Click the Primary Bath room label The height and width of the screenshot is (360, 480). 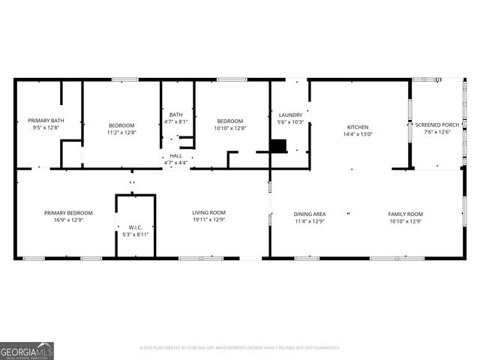46,121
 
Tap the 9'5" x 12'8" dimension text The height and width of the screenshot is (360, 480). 46,128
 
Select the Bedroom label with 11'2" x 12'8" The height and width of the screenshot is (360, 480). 121,124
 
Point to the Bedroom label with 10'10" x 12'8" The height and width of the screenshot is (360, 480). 230,121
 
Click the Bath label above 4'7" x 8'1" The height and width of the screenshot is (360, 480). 176,115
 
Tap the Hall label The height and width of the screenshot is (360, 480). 175,155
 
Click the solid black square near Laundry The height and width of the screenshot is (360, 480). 278,145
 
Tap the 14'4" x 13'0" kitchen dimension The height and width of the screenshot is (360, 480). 358,134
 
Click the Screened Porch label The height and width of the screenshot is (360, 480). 437,124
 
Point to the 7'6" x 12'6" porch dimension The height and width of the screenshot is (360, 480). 437,132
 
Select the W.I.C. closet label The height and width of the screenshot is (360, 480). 135,227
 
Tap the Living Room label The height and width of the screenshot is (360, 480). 208,213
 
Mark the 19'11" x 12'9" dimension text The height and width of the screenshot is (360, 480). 208,220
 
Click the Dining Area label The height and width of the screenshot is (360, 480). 309,214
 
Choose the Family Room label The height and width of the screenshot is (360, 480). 405,214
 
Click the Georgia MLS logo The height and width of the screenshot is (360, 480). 27,351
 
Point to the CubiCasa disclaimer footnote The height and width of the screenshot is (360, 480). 240,347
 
